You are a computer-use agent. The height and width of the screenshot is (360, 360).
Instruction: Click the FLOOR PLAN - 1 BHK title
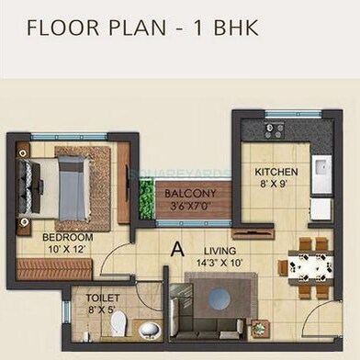[142, 27]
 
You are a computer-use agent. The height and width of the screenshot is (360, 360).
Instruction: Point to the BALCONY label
[190, 194]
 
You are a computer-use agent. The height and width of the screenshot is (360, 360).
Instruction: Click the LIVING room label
[220, 250]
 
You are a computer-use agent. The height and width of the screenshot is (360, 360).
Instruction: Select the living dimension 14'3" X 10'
[220, 263]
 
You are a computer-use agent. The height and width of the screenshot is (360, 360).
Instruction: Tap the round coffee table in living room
[219, 299]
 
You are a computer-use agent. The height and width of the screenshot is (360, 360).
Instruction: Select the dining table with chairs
[305, 267]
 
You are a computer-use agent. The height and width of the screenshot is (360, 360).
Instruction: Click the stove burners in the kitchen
[274, 130]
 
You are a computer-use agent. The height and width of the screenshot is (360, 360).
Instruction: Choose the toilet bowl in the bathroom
[147, 329]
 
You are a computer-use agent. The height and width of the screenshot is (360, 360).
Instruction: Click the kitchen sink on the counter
[320, 175]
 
